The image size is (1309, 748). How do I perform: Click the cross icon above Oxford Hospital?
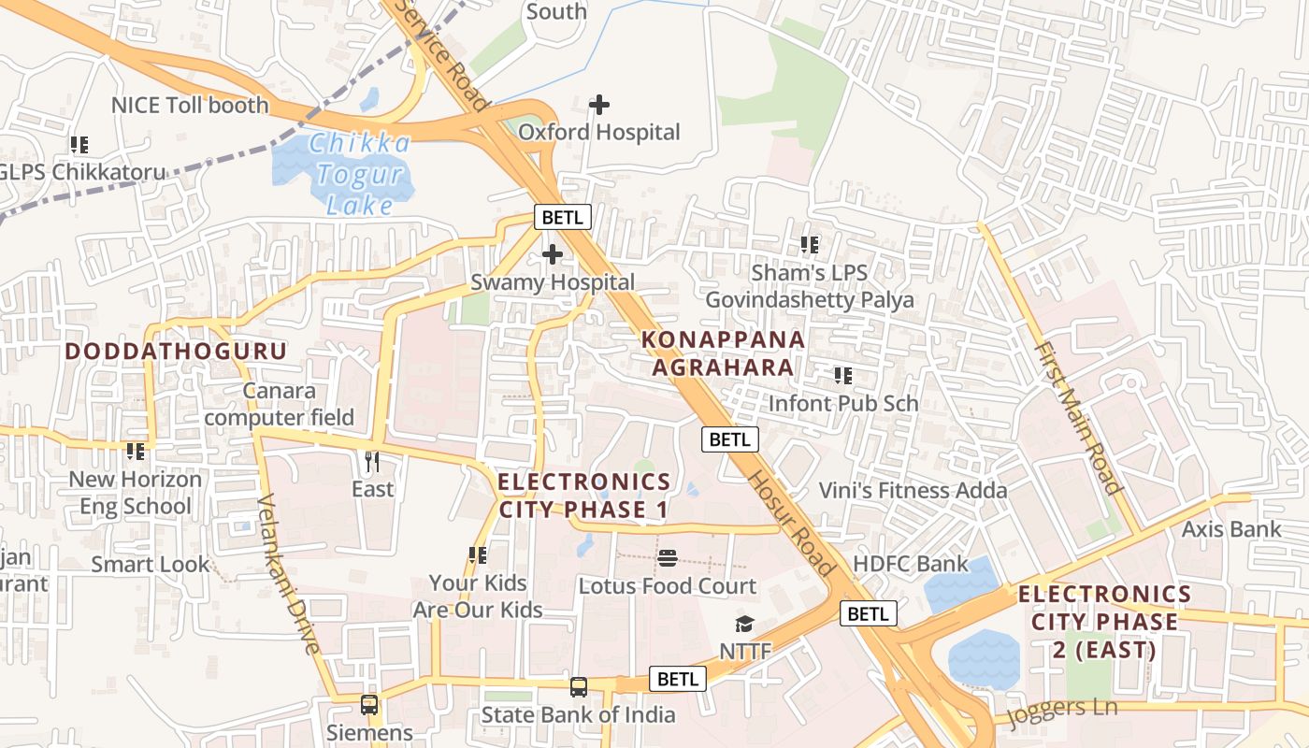[x=599, y=105]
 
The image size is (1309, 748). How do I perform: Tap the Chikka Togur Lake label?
[x=360, y=174]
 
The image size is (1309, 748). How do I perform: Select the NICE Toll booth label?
[x=190, y=105]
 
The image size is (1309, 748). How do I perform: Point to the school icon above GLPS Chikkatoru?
[x=79, y=145]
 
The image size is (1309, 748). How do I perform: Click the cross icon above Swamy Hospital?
[x=553, y=253]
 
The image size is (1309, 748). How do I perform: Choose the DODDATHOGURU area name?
[x=176, y=352]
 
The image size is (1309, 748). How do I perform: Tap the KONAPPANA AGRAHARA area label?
[x=723, y=352]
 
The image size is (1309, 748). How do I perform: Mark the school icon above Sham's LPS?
[x=810, y=245]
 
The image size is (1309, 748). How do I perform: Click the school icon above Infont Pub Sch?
[x=843, y=376]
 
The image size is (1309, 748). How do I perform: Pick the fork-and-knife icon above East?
[x=372, y=461]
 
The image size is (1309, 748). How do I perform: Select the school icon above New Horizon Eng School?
[x=136, y=452]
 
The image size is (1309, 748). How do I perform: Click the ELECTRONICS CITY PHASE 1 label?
[x=584, y=496]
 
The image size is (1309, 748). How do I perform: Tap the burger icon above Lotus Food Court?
[x=668, y=558]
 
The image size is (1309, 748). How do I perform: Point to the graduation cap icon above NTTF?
[x=744, y=624]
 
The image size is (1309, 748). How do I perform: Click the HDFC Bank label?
[x=911, y=564]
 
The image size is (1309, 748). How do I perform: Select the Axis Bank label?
[x=1231, y=529]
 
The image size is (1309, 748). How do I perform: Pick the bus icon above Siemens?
[x=369, y=704]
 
